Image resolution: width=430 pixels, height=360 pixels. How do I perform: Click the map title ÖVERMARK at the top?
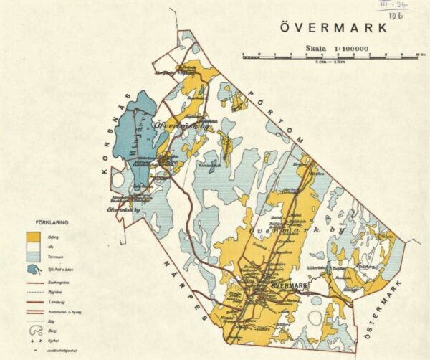pos(333,28)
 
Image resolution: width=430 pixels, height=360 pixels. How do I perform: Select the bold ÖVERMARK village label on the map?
pos(290,286)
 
